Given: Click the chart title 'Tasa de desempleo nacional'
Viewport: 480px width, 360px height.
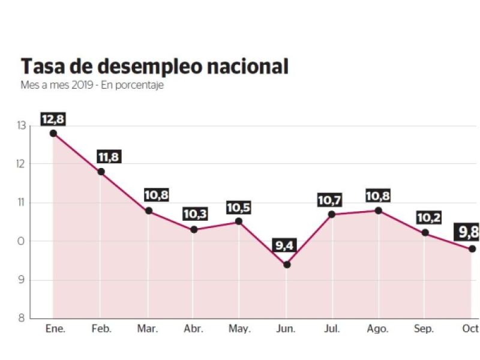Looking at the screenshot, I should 155,66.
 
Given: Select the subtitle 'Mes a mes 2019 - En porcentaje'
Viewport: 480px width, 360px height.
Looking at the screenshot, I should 92,85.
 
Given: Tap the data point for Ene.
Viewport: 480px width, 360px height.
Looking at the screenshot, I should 53,133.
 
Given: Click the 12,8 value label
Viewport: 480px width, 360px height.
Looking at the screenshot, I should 53,119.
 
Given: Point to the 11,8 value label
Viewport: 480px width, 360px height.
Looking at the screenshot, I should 108,157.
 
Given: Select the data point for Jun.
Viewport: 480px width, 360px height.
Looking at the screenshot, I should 287,265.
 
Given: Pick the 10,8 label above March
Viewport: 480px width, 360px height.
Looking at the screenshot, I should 156,195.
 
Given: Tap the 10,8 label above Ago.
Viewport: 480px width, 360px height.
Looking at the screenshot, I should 378,196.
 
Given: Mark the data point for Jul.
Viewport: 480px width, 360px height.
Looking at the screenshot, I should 332,214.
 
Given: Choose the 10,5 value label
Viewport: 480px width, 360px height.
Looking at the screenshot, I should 238,208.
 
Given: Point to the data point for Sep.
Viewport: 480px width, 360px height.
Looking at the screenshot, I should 425,233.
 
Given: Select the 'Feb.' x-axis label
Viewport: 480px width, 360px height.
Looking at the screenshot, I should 101,329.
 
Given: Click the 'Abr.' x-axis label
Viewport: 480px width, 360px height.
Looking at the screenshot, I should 193,329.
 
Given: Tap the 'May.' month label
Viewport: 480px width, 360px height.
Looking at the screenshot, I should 239,329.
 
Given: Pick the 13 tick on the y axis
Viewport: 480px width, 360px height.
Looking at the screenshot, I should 22,125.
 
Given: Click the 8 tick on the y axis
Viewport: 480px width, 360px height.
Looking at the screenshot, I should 22,318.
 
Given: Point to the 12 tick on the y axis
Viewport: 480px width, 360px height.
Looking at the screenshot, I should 22,164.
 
